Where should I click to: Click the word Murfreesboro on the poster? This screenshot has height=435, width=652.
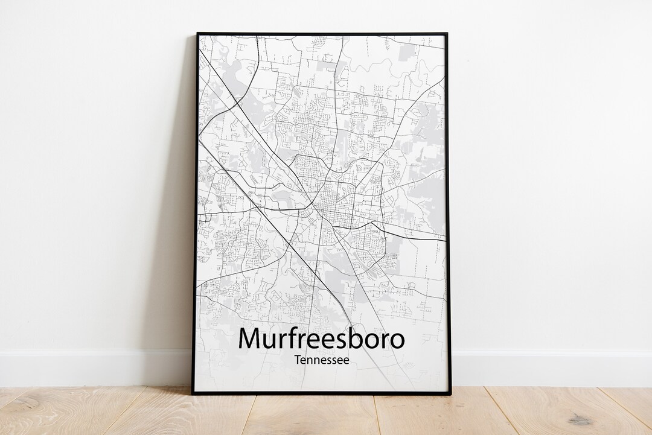[321, 338]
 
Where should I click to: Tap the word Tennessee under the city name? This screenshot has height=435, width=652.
[322, 360]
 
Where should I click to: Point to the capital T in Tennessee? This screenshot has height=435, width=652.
[298, 360]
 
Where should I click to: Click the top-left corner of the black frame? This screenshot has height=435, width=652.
[197, 34]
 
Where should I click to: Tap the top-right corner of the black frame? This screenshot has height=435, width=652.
[446, 34]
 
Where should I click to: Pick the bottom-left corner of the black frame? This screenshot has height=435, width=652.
[193, 393]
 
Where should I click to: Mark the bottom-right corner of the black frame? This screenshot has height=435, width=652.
[450, 393]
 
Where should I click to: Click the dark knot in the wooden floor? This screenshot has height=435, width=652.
[580, 420]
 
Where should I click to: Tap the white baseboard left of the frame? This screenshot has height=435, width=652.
[91, 368]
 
